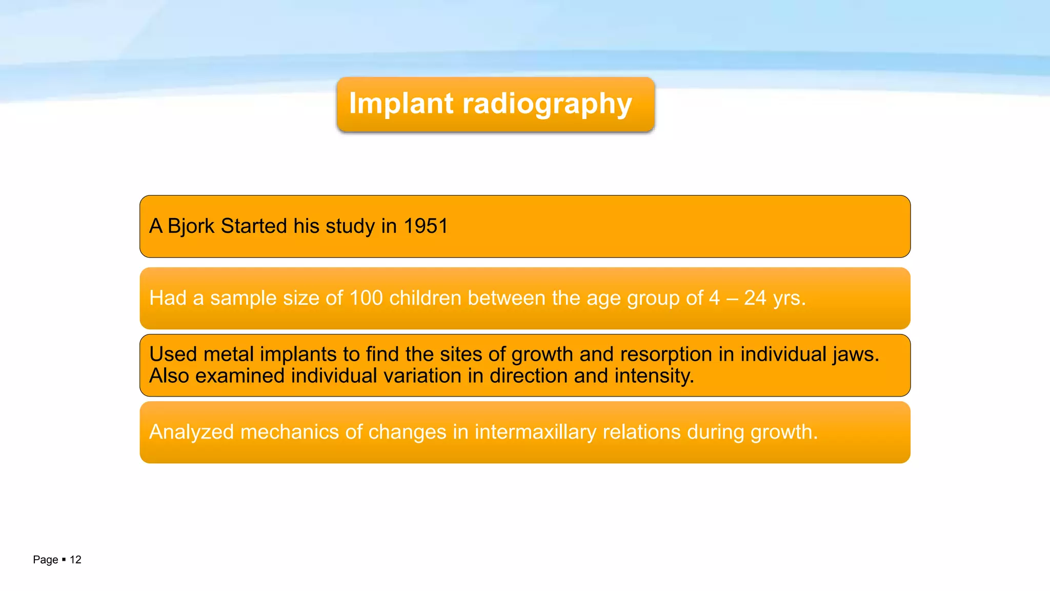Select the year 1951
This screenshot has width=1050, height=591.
pos(426,226)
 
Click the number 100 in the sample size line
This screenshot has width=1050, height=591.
pos(366,298)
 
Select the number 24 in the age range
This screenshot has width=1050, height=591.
pos(755,298)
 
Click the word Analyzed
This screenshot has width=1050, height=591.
pos(191,432)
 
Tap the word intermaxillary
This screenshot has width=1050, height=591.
pos(535,432)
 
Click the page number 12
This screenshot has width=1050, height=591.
pos(75,560)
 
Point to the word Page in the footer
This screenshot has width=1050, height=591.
pos(45,560)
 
